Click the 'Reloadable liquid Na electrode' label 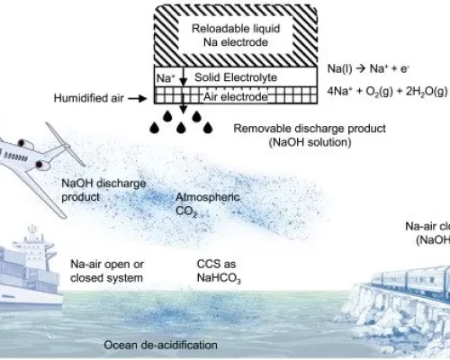pos(236,35)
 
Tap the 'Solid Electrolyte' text pos(236,77)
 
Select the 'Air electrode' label pos(236,97)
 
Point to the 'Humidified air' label pos(89,98)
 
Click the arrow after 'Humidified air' pos(138,98)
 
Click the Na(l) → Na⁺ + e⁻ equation pos(368,69)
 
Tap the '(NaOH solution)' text pos(310,142)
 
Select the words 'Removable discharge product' pos(310,129)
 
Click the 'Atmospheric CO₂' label pos(208,204)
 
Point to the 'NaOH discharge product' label pos(103,190)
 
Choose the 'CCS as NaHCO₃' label pos(219,271)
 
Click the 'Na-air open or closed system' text pos(107,271)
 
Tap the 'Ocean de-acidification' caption pos(161,345)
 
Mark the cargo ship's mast pos(31,232)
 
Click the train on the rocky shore pos(411,282)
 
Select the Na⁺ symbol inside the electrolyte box pos(166,78)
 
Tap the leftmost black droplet pos(154,128)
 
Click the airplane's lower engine pos(43,165)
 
